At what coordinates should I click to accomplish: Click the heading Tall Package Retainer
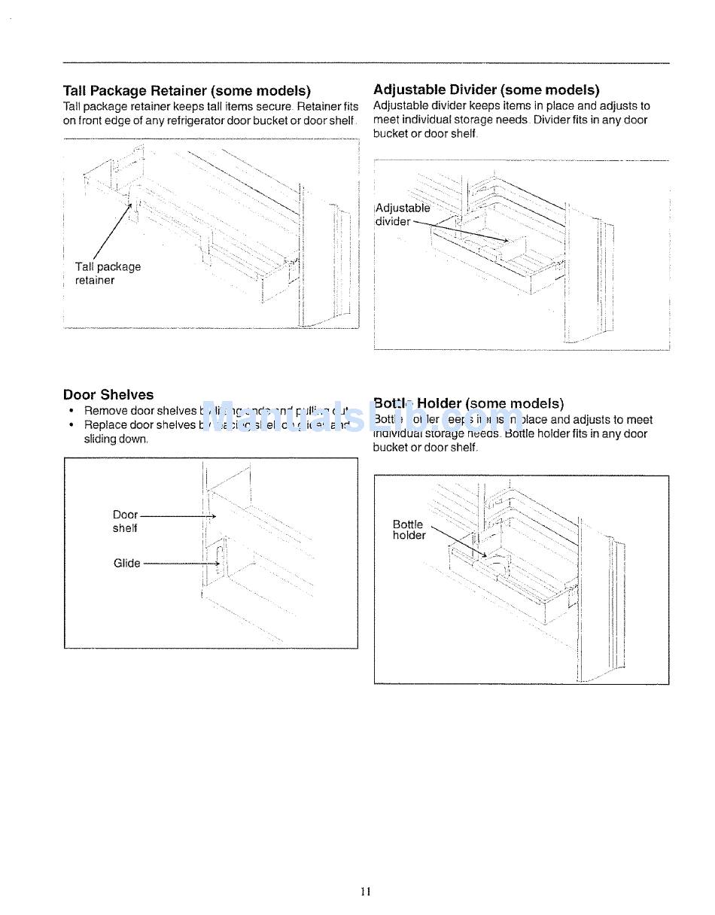coord(187,91)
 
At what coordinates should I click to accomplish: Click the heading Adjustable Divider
coord(486,90)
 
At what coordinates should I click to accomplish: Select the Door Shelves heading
coord(108,395)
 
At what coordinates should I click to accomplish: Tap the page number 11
coord(366,892)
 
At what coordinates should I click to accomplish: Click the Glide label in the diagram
coord(126,564)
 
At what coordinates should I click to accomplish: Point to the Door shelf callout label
coord(125,521)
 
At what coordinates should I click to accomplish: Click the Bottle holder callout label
coord(409,530)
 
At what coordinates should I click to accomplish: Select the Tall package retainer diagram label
coord(107,273)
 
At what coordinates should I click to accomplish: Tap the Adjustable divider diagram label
coord(402,214)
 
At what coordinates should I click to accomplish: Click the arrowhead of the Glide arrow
coord(218,564)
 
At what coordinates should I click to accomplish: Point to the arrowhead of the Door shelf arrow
coord(214,516)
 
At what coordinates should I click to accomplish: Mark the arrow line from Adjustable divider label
coord(459,231)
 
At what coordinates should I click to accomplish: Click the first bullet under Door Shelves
coord(71,412)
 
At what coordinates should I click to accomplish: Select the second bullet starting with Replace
coord(71,425)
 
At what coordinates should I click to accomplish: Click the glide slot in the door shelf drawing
coord(218,558)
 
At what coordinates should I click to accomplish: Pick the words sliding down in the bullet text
coord(116,439)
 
